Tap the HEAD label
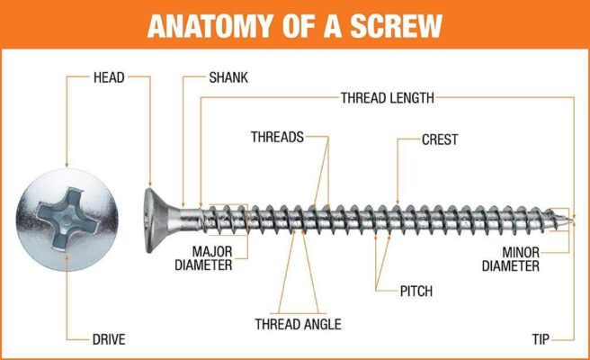click(109, 77)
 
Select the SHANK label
click(228, 77)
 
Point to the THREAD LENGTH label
click(387, 97)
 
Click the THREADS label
click(277, 138)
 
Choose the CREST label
click(440, 139)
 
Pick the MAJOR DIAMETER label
click(212, 258)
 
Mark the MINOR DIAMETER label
click(511, 258)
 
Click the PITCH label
click(416, 291)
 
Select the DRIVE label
click(109, 339)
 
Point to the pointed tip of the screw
click(569, 218)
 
